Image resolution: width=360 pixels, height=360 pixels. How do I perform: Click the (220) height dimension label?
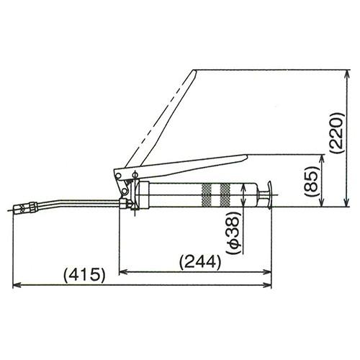pyautogui.click(x=338, y=132)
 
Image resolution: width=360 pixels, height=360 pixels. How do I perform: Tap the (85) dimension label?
pyautogui.click(x=312, y=179)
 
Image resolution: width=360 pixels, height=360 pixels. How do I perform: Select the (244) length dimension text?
pyautogui.click(x=200, y=262)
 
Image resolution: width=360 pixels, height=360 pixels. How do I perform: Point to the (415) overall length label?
pyautogui.click(x=84, y=275)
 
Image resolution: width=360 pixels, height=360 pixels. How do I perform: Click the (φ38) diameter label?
pyautogui.click(x=234, y=233)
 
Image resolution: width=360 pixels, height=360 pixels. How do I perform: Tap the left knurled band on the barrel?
pyautogui.click(x=207, y=195)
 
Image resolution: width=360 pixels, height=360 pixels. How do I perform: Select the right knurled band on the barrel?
pyautogui.click(x=225, y=195)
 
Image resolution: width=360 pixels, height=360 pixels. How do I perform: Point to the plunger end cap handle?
pyautogui.click(x=270, y=195)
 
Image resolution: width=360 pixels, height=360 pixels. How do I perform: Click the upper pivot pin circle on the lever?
pyautogui.click(x=118, y=176)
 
